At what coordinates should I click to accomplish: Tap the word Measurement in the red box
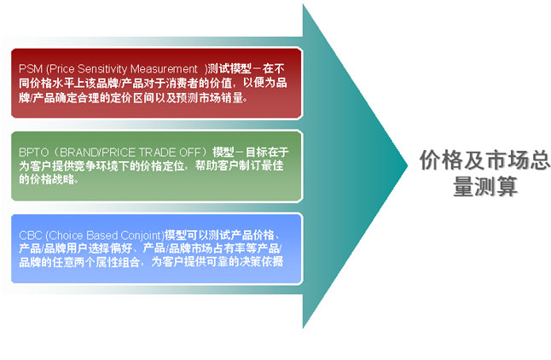tap(164, 68)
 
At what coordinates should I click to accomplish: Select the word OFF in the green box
tap(189, 152)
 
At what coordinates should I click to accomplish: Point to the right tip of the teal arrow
tap(408, 165)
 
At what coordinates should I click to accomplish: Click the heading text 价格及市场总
tap(484, 160)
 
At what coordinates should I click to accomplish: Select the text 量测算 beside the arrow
tap(485, 186)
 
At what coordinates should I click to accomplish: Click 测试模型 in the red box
tap(229, 68)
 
